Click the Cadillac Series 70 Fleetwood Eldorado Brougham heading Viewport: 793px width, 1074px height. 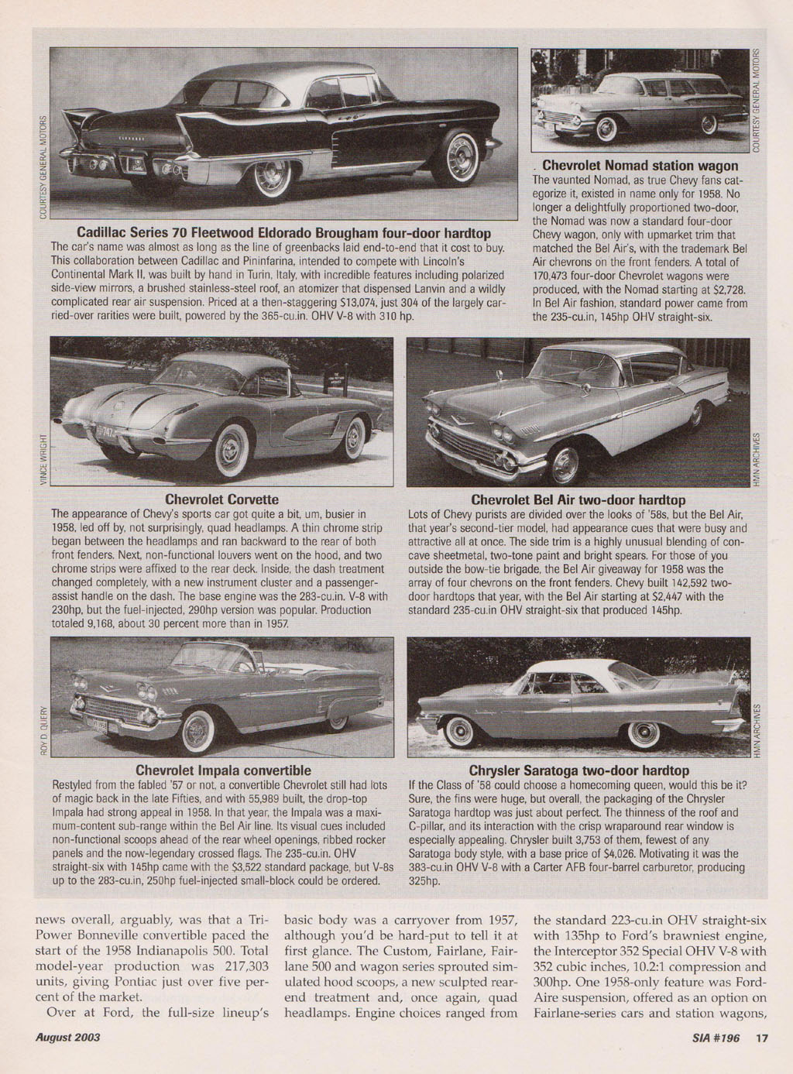pyautogui.click(x=283, y=233)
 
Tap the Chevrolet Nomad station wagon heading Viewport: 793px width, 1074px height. pyautogui.click(x=640, y=166)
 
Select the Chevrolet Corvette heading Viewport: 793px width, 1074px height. pyautogui.click(x=222, y=499)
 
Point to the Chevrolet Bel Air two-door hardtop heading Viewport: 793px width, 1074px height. pyautogui.click(x=578, y=499)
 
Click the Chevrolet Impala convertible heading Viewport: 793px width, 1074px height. pyautogui.click(x=223, y=770)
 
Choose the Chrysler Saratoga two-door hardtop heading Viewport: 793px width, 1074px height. pyautogui.click(x=578, y=770)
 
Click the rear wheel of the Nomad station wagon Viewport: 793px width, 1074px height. pyautogui.click(x=709, y=125)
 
